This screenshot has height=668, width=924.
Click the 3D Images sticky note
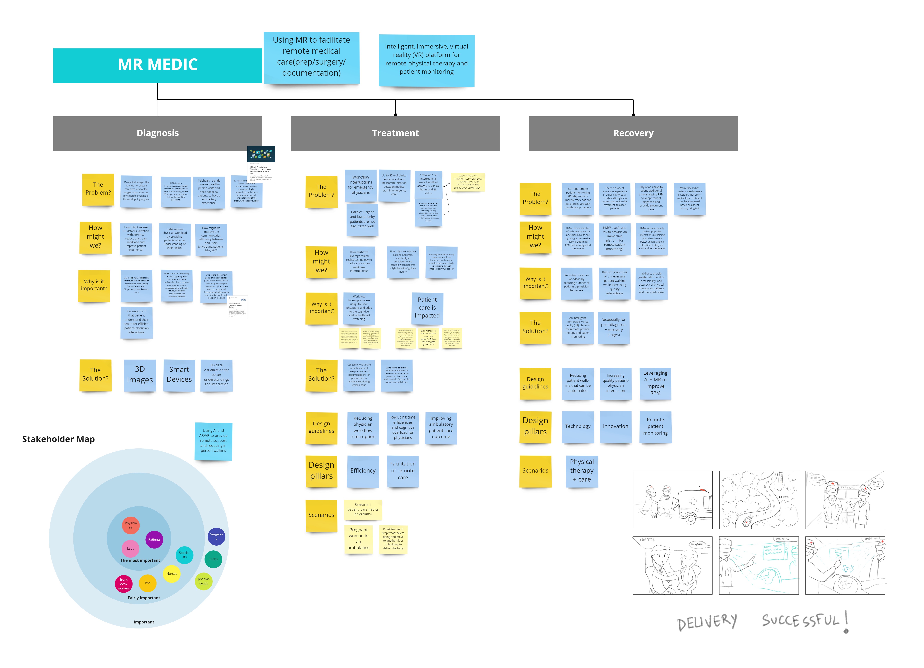pyautogui.click(x=140, y=375)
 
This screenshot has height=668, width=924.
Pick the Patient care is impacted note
pyautogui.click(x=427, y=307)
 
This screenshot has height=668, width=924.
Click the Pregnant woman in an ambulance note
pyautogui.click(x=358, y=539)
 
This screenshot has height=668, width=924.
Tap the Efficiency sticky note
pyautogui.click(x=363, y=471)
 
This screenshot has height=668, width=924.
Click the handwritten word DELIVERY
pyautogui.click(x=707, y=622)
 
